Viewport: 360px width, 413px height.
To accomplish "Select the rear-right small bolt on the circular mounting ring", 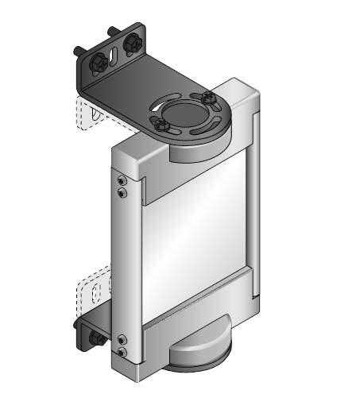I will pos(208,98).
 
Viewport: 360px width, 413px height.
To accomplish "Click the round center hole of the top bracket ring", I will pos(185,111).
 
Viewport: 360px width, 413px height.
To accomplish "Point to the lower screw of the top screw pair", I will pos(121,193).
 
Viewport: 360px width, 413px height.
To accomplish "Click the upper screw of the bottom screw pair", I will pos(121,341).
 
